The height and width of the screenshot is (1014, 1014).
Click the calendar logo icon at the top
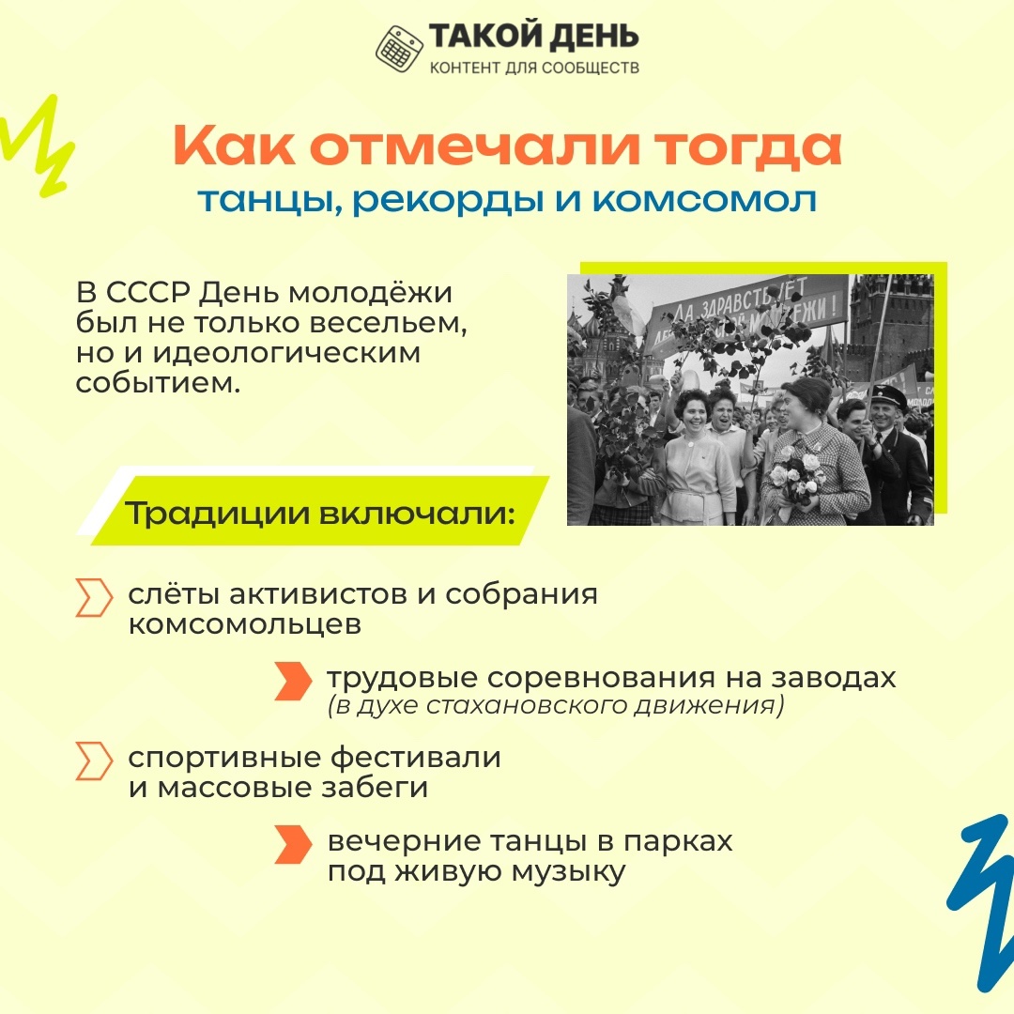coord(400,49)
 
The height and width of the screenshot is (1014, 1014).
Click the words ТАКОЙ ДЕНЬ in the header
coord(534,37)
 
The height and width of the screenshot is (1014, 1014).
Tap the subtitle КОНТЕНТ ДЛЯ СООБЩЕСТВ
coord(534,68)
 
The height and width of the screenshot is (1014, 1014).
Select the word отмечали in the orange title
coord(475,146)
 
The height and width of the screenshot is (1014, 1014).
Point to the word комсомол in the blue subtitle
coord(705,200)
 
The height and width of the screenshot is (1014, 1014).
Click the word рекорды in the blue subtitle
coord(447,201)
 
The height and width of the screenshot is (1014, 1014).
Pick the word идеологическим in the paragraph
coord(286,354)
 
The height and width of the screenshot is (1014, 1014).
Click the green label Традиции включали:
coord(320,513)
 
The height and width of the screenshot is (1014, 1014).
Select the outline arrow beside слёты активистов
coord(94,597)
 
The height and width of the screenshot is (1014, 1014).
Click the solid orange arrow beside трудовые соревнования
coord(293,681)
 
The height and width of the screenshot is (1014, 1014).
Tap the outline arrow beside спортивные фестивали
coord(94,760)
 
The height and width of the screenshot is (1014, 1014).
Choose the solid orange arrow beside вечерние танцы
coord(293,844)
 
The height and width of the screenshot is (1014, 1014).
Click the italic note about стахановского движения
coord(556,704)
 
